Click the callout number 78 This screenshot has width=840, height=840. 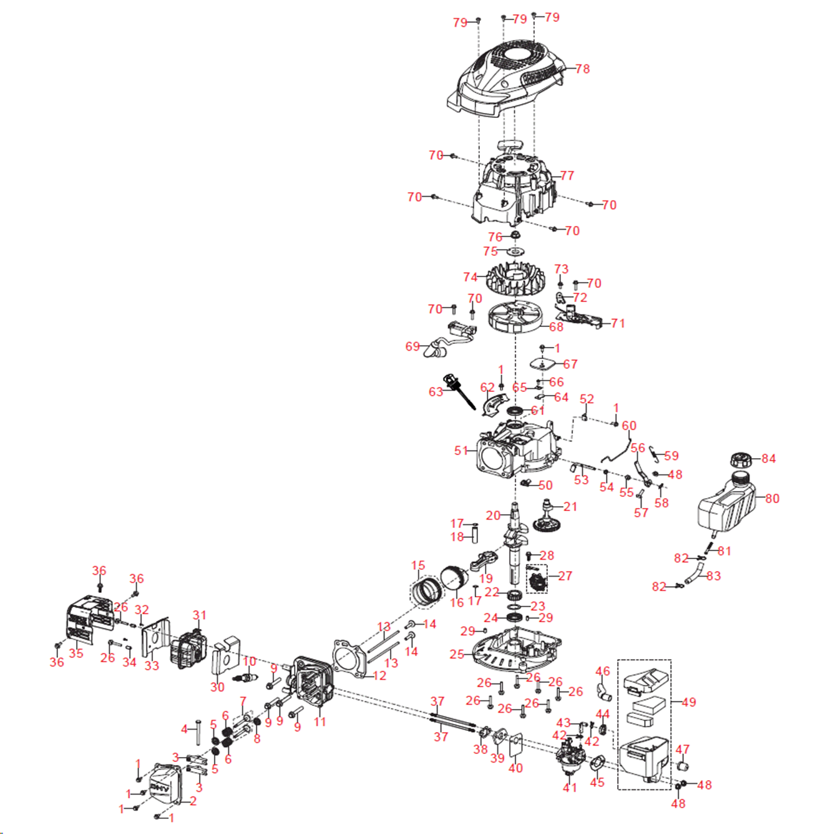pyautogui.click(x=582, y=69)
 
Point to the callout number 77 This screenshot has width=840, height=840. pyautogui.click(x=567, y=175)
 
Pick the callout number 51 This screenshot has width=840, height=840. pyautogui.click(x=461, y=450)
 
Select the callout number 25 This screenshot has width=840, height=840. pyautogui.click(x=457, y=654)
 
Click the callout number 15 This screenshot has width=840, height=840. pyautogui.click(x=418, y=565)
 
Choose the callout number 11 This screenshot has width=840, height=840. pyautogui.click(x=320, y=721)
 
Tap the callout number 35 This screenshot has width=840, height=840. pyautogui.click(x=76, y=653)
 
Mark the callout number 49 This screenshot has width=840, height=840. pyautogui.click(x=688, y=702)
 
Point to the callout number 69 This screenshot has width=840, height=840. pyautogui.click(x=413, y=346)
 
